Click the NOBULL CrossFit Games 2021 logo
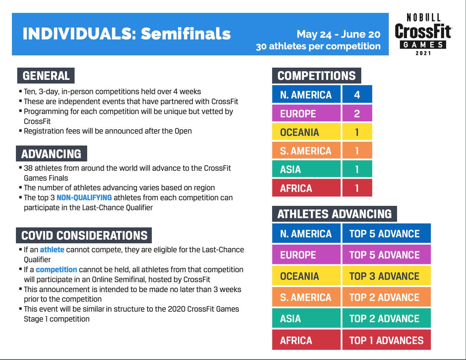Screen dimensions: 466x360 point(423,34)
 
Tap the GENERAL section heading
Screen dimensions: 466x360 point(46,76)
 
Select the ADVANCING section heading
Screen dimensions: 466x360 point(51,153)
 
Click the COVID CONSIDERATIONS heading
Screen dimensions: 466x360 point(84,235)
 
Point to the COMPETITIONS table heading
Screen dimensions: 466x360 point(317,76)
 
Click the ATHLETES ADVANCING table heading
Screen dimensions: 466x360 point(334,214)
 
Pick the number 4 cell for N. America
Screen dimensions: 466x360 point(357,94)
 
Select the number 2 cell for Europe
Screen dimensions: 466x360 point(357,113)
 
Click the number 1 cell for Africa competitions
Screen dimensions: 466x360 point(357,188)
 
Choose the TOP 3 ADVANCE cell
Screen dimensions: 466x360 point(386,276)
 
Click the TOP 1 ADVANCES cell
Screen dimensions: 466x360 point(386,340)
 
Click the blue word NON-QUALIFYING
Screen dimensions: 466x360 point(84,198)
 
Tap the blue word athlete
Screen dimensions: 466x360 point(52,250)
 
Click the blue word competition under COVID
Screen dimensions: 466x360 point(56,270)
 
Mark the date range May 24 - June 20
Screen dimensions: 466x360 point(338,34)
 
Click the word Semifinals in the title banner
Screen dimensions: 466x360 point(186,34)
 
